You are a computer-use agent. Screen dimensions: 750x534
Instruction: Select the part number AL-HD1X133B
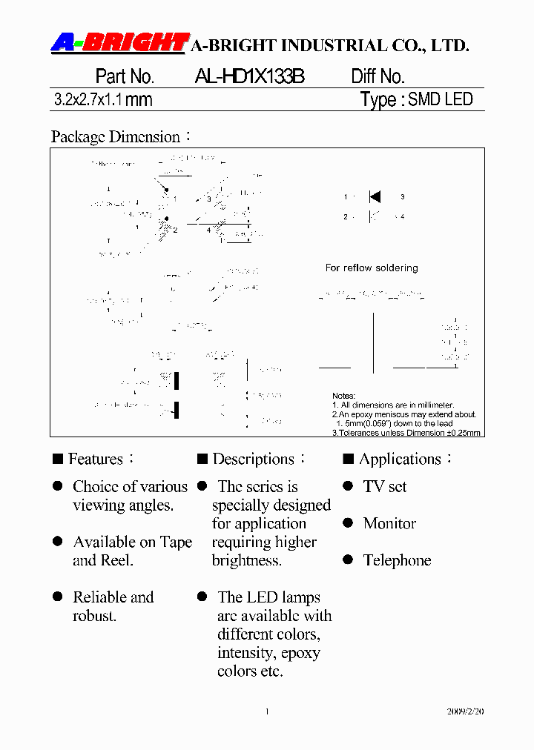(250, 76)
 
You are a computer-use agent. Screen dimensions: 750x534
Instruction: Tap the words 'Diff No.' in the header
(378, 76)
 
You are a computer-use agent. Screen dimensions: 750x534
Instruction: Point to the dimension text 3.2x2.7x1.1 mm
(103, 100)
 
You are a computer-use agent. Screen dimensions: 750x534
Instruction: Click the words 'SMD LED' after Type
(441, 99)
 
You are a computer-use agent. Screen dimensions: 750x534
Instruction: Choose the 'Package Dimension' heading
(116, 137)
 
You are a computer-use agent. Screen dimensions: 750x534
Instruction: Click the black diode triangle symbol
(375, 197)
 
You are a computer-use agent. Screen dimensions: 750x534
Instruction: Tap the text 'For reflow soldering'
(372, 268)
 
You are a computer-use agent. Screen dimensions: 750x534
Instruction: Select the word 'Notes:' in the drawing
(344, 396)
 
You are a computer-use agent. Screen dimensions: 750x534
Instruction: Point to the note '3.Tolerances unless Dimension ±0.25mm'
(406, 433)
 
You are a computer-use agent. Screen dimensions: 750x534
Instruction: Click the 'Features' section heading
(96, 459)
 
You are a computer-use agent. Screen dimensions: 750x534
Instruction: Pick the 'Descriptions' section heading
(253, 459)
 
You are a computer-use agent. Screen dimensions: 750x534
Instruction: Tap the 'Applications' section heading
(400, 459)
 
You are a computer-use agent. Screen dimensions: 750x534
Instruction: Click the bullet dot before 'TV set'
(348, 486)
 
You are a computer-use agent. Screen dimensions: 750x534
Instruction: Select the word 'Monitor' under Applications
(389, 523)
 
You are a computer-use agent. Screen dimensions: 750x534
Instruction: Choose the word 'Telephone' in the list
(397, 560)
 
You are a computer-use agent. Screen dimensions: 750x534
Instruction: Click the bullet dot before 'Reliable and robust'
(57, 597)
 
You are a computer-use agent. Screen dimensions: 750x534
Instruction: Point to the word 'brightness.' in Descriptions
(247, 560)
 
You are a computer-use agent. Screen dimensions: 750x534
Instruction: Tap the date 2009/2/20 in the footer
(465, 711)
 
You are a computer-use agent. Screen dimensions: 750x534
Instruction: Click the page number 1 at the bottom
(267, 711)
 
